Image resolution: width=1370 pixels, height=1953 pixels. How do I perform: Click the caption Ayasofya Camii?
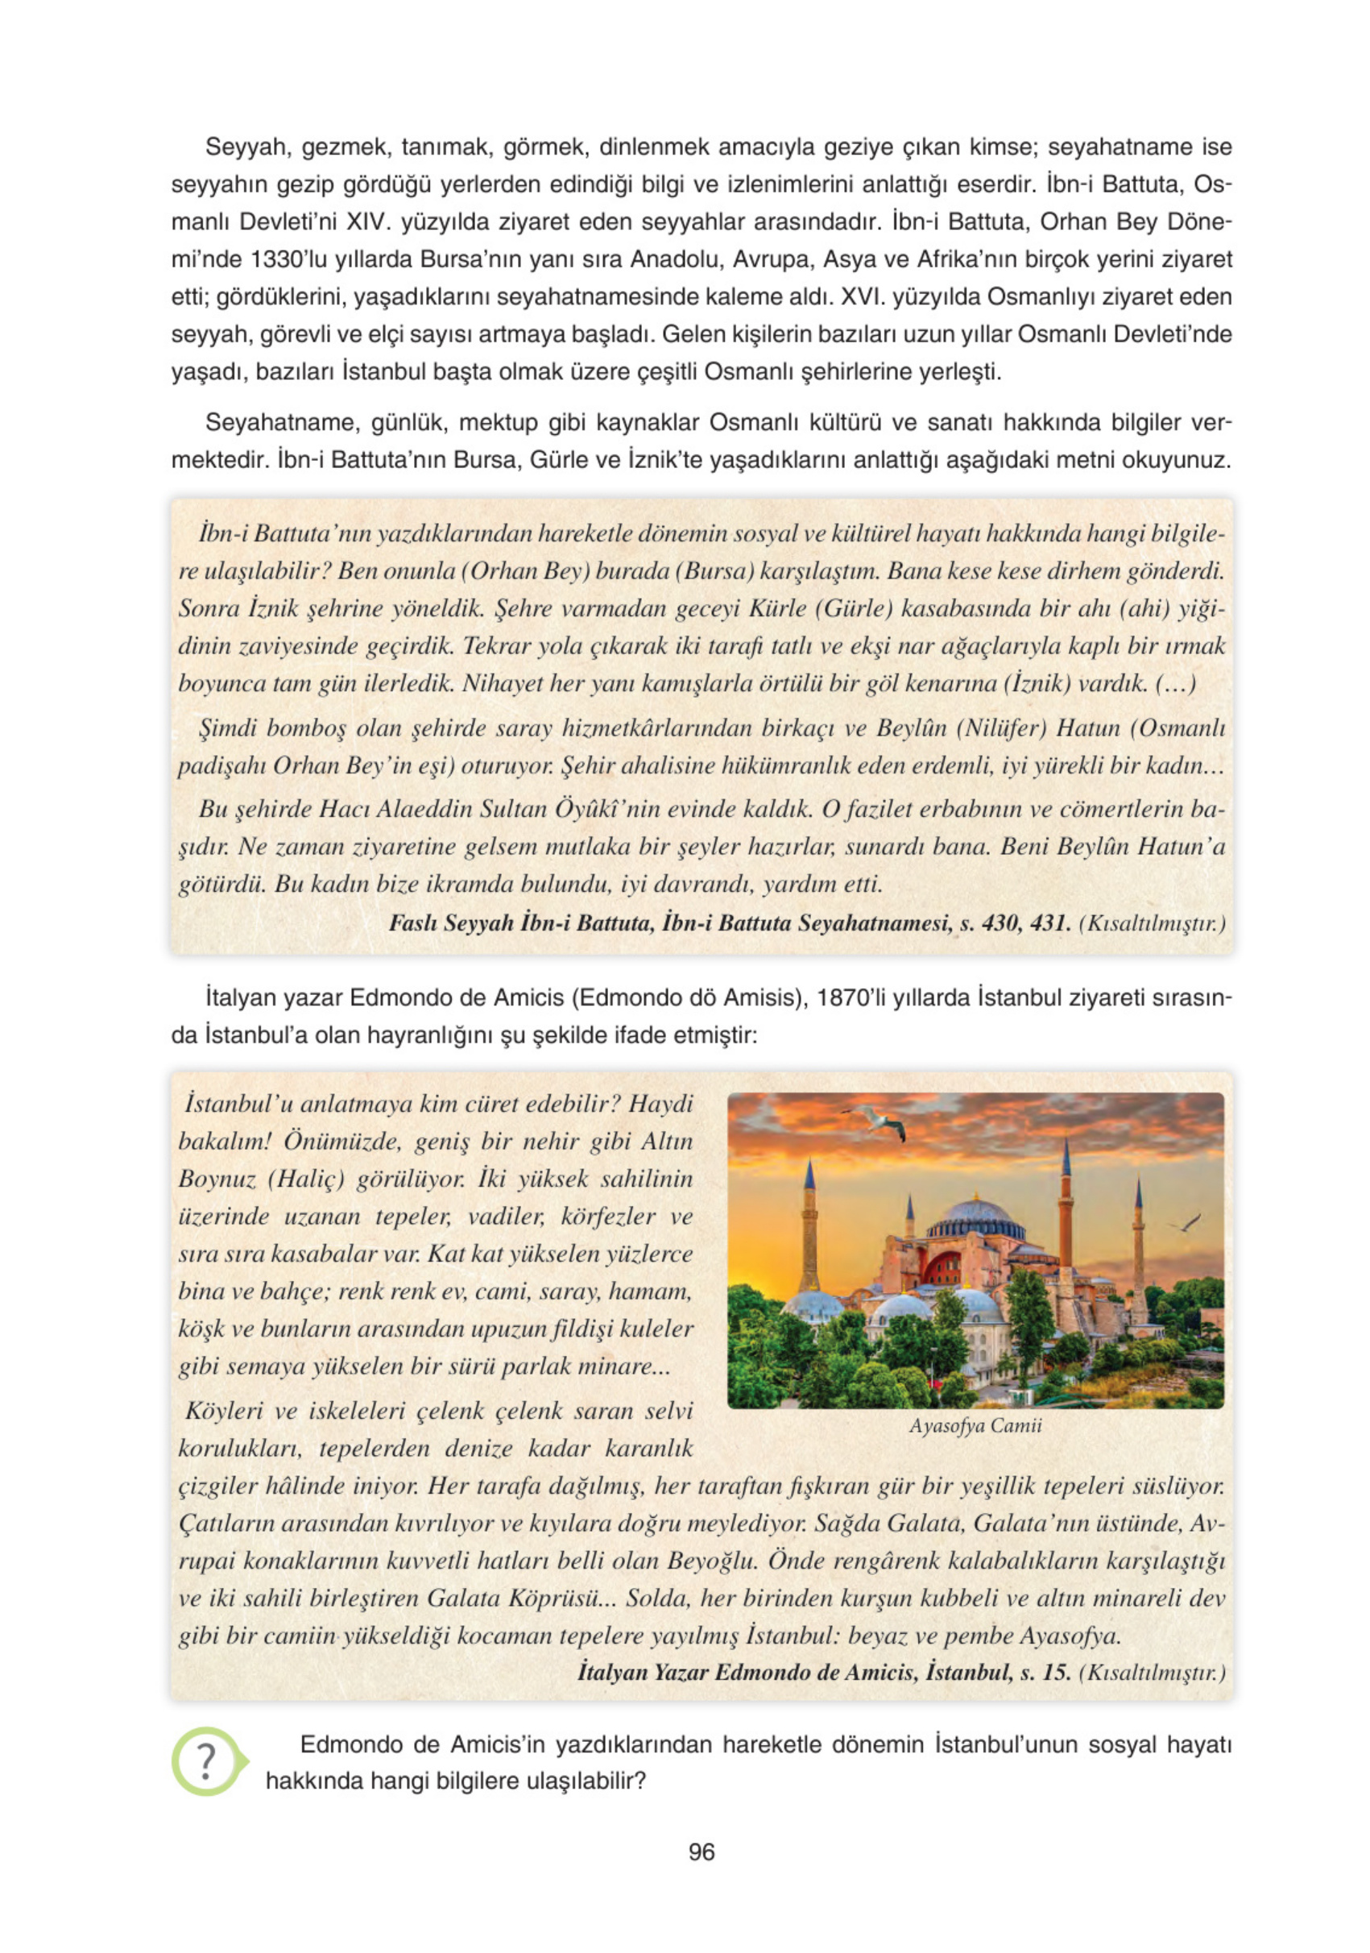pos(975,1425)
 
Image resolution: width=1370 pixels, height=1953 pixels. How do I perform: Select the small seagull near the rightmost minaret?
pos(1186,1224)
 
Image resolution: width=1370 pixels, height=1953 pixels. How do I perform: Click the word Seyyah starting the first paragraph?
pos(243,147)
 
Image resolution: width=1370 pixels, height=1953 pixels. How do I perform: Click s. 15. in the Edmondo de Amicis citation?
pos(1045,1673)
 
